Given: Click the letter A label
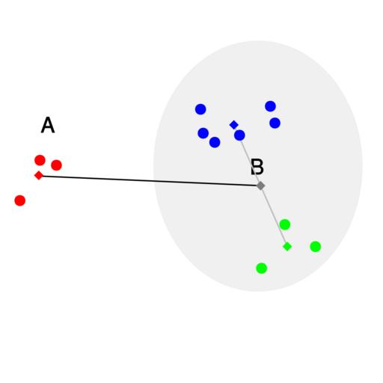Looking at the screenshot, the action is point(48,125).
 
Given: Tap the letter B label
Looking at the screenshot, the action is point(257,167).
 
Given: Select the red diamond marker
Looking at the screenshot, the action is point(39,175).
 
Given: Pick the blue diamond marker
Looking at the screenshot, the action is point(234,125).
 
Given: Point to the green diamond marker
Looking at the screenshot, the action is point(287,246).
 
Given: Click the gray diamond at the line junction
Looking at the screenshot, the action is point(260,186).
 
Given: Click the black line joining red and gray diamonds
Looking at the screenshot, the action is point(150,180).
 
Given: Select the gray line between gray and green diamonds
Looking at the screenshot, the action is point(274,216).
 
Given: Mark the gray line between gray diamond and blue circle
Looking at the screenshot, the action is point(250,161).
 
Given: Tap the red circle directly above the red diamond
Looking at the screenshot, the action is point(40,160).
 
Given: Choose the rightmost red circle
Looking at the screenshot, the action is point(56,165).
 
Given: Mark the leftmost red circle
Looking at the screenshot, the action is point(20,200).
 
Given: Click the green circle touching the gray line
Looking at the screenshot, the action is point(285,224).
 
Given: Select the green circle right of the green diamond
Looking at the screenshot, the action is point(316,246).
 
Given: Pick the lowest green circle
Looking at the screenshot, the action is point(262,268).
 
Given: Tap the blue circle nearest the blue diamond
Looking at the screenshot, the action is point(239,135).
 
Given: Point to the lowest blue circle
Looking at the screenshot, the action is point(215,142).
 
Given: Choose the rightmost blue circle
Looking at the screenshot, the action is point(275,123).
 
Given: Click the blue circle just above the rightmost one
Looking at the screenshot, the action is point(270,106).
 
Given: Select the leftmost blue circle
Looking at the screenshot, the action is point(200,109).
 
